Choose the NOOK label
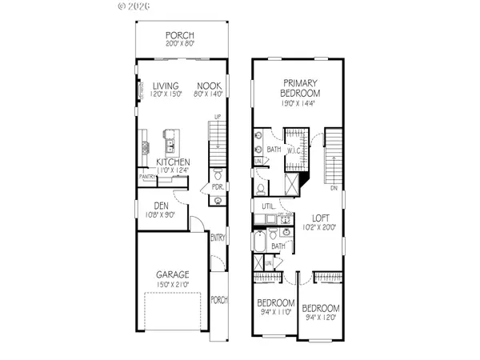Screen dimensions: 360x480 pos(210,85)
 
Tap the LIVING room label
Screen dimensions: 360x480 pos(166,85)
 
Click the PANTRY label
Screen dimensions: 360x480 pos(148,177)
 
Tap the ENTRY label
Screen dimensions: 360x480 pos(218,237)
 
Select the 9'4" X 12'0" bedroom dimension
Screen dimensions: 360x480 pos(321,318)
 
